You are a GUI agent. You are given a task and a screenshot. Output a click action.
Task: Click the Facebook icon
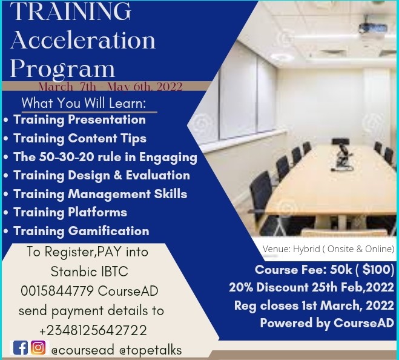[x=20, y=348]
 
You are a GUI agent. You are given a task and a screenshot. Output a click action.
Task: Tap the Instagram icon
[x=38, y=348]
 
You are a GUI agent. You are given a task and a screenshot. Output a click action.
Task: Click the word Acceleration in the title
[x=83, y=40]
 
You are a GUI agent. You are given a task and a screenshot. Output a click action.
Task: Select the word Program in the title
[x=62, y=67]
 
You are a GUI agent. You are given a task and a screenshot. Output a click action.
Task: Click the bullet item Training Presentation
[x=79, y=119]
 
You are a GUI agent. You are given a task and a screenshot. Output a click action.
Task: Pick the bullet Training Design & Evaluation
[x=101, y=175]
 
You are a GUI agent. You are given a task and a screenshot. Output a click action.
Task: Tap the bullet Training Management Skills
[x=100, y=194]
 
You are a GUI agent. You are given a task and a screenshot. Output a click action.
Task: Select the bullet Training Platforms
[x=70, y=212]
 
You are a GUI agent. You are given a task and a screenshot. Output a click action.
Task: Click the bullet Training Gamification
[x=81, y=231]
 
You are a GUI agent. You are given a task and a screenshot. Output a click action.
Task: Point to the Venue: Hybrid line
[x=328, y=249]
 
